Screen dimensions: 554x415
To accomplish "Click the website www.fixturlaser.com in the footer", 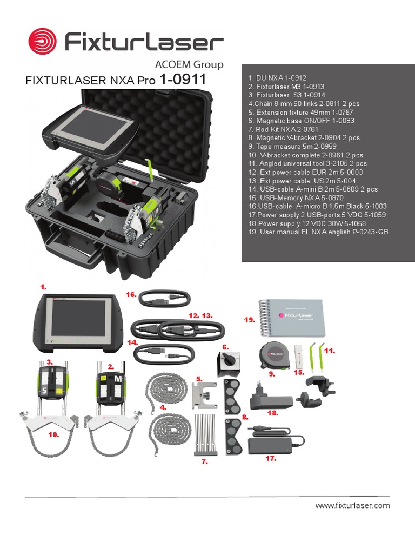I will tap(352, 506).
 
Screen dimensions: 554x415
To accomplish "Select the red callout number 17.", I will tap(271, 458).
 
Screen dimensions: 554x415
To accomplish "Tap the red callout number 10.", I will tap(53, 434).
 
